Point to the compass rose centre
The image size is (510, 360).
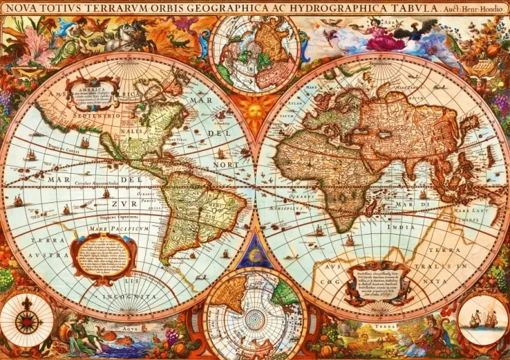27,322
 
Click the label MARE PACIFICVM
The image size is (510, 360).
111,228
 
